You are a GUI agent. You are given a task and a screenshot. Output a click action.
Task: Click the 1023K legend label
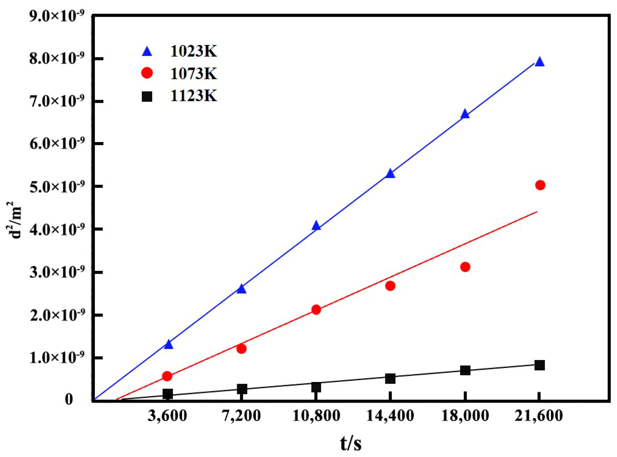tap(193, 51)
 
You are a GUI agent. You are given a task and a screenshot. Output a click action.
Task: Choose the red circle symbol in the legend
tap(147, 73)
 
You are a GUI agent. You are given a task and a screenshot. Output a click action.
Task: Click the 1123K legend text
tap(193, 96)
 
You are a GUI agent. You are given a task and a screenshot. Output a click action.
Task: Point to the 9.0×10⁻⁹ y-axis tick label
tap(56, 16)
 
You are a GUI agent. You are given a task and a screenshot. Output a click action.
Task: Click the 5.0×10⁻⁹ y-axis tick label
tap(56, 187)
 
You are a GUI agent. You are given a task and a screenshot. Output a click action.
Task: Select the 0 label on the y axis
tap(69, 400)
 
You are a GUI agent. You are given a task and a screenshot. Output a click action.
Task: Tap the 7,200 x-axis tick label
tap(241, 416)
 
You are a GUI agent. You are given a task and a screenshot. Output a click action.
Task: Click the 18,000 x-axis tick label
tap(465, 416)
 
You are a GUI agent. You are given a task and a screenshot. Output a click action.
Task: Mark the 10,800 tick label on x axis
tap(316, 416)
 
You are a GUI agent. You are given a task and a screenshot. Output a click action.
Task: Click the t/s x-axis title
tap(351, 443)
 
